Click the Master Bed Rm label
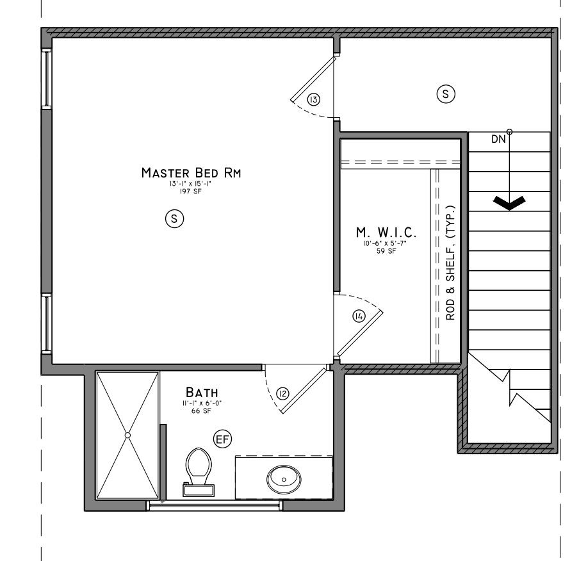click(191, 173)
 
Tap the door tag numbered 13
click(313, 99)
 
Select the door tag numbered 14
click(358, 316)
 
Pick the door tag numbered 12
click(282, 393)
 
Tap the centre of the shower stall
click(127, 435)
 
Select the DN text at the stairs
click(498, 138)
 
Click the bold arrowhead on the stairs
click(509, 203)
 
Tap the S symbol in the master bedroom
click(174, 219)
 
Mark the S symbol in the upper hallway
click(445, 94)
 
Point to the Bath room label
click(202, 391)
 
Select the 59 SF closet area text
click(384, 250)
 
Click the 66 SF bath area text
click(202, 411)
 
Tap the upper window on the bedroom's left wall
click(46, 78)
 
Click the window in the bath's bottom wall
click(215, 505)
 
